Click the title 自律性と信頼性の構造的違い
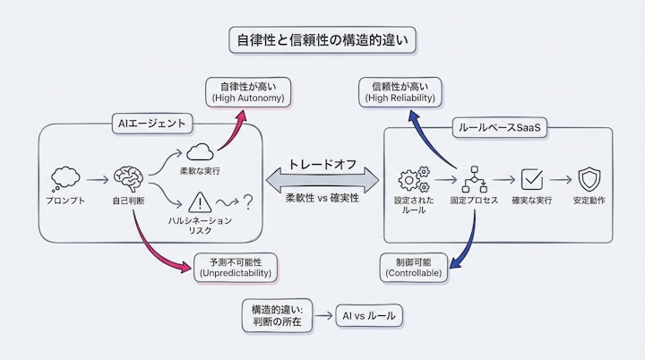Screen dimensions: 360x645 pos(322,41)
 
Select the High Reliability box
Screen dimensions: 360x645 pos(400,91)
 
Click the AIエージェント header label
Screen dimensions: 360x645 pos(150,124)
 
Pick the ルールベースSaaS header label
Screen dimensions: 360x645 pos(497,127)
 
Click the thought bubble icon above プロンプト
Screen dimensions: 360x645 pos(67,176)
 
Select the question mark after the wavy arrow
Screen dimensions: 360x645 pos(248,203)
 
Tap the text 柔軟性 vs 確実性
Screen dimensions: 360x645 pos(322,198)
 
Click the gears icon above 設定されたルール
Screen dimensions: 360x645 pos(414,178)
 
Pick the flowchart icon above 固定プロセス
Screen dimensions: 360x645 pos(472,178)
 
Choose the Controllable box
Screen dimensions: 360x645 pos(412,267)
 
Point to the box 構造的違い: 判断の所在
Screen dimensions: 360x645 pos(278,315)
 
